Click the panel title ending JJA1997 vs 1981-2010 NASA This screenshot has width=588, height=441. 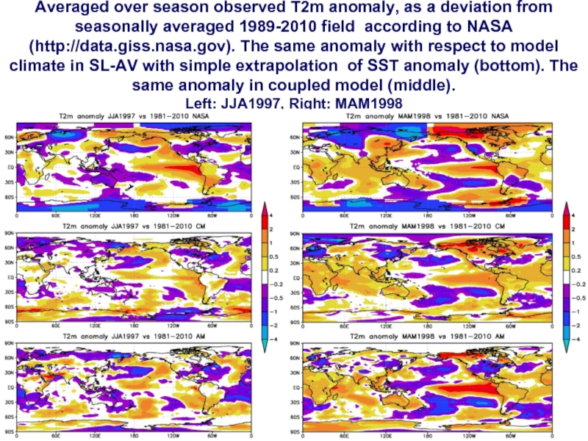pos(140,117)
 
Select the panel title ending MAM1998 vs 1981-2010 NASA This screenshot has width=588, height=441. pos(426,117)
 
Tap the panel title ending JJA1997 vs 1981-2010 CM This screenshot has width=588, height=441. pos(140,227)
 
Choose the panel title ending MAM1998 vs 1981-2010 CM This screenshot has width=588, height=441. pos(426,227)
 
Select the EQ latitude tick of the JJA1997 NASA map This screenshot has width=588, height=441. pos(10,168)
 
